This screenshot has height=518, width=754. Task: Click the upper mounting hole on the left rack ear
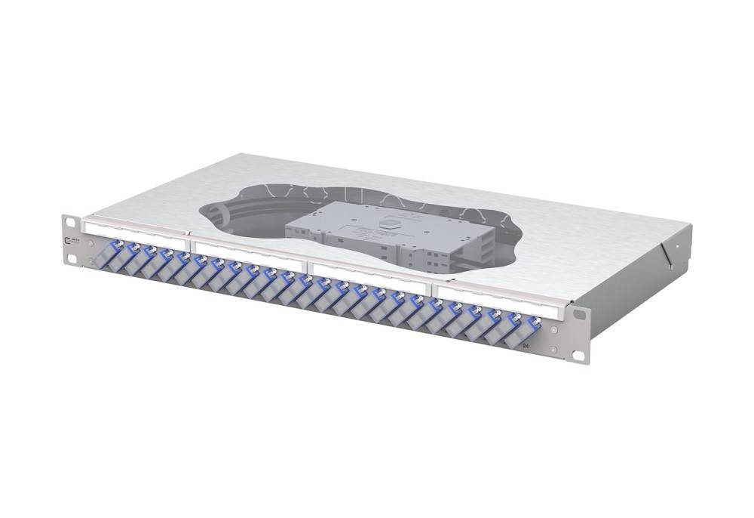(69, 222)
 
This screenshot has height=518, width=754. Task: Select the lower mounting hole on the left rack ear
(71, 258)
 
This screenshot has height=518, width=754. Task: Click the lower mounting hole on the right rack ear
(578, 354)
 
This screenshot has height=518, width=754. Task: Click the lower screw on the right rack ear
(556, 349)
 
